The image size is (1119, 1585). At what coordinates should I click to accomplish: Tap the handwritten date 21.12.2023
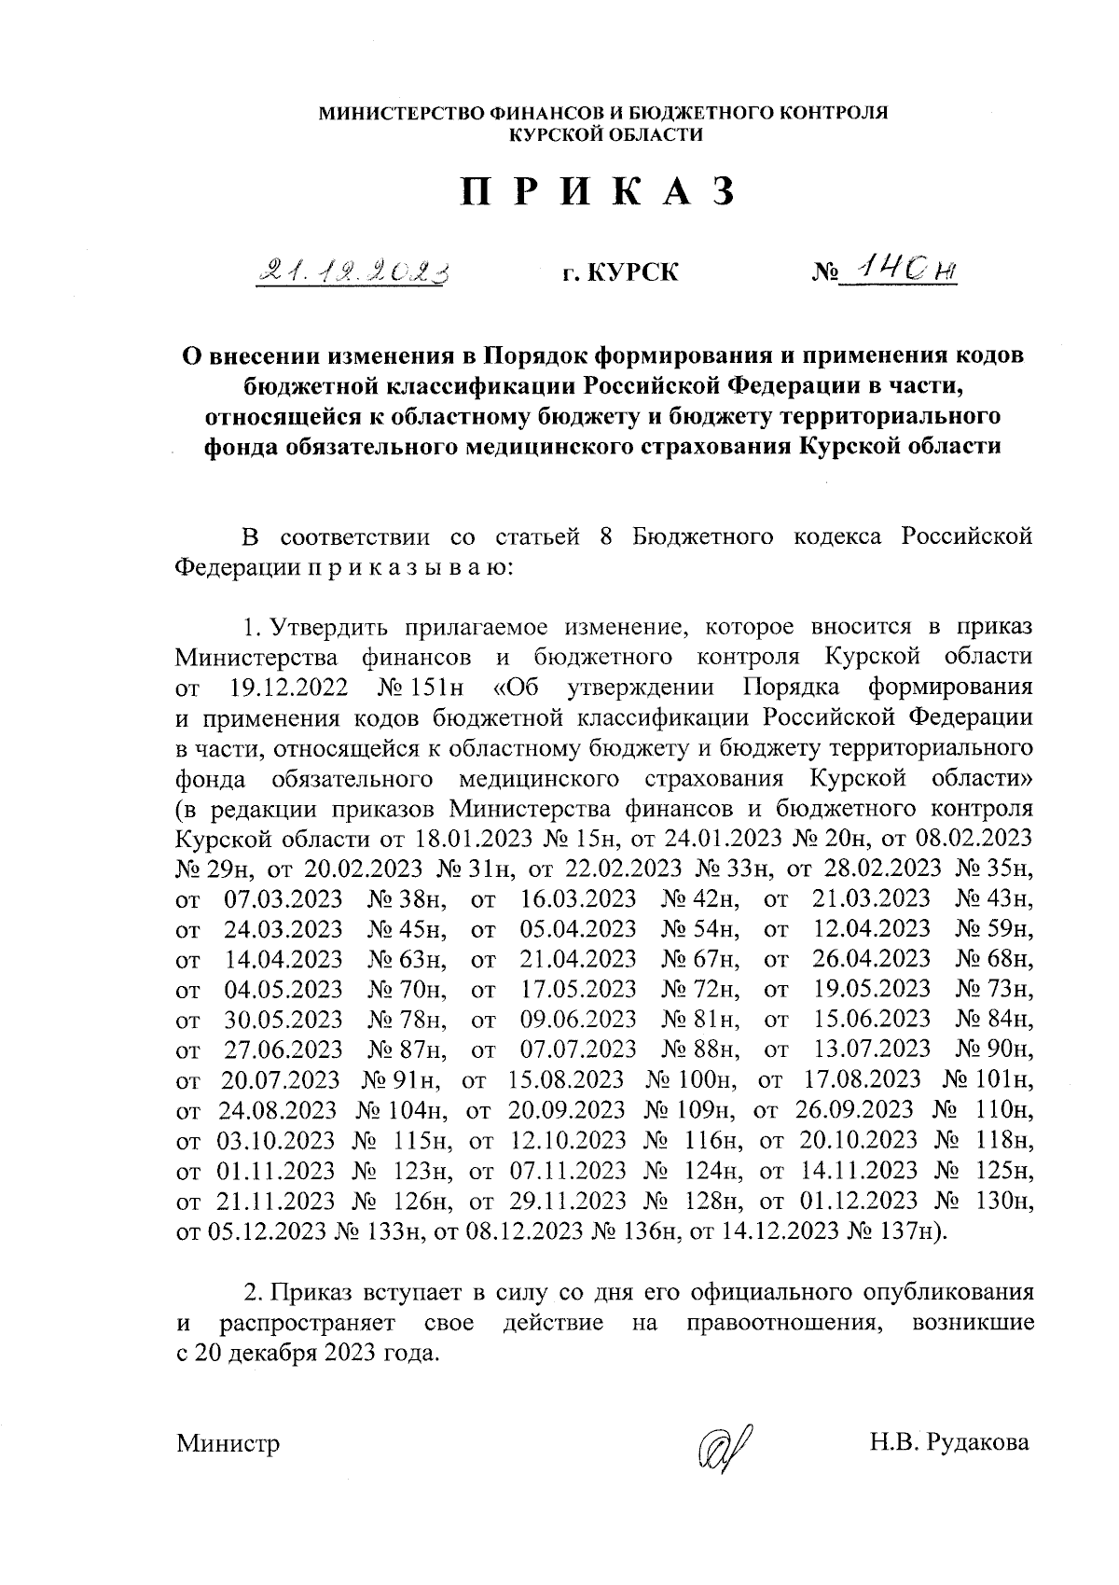[x=354, y=271]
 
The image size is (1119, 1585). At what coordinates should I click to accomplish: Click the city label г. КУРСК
[x=619, y=273]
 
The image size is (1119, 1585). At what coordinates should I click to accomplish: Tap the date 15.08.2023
[x=567, y=1079]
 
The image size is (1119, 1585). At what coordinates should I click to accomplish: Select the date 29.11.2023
[x=569, y=1200]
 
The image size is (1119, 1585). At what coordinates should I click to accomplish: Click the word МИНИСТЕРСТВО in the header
[x=395, y=113]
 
